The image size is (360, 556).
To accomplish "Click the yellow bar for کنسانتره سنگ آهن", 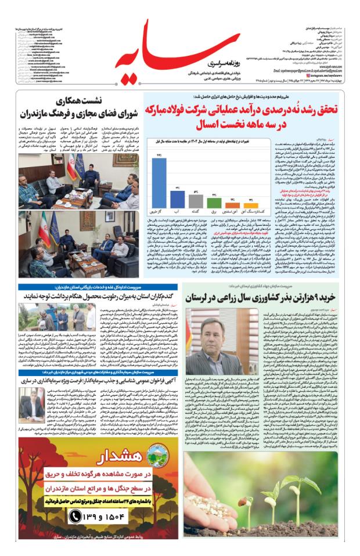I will [x=251, y=205].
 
